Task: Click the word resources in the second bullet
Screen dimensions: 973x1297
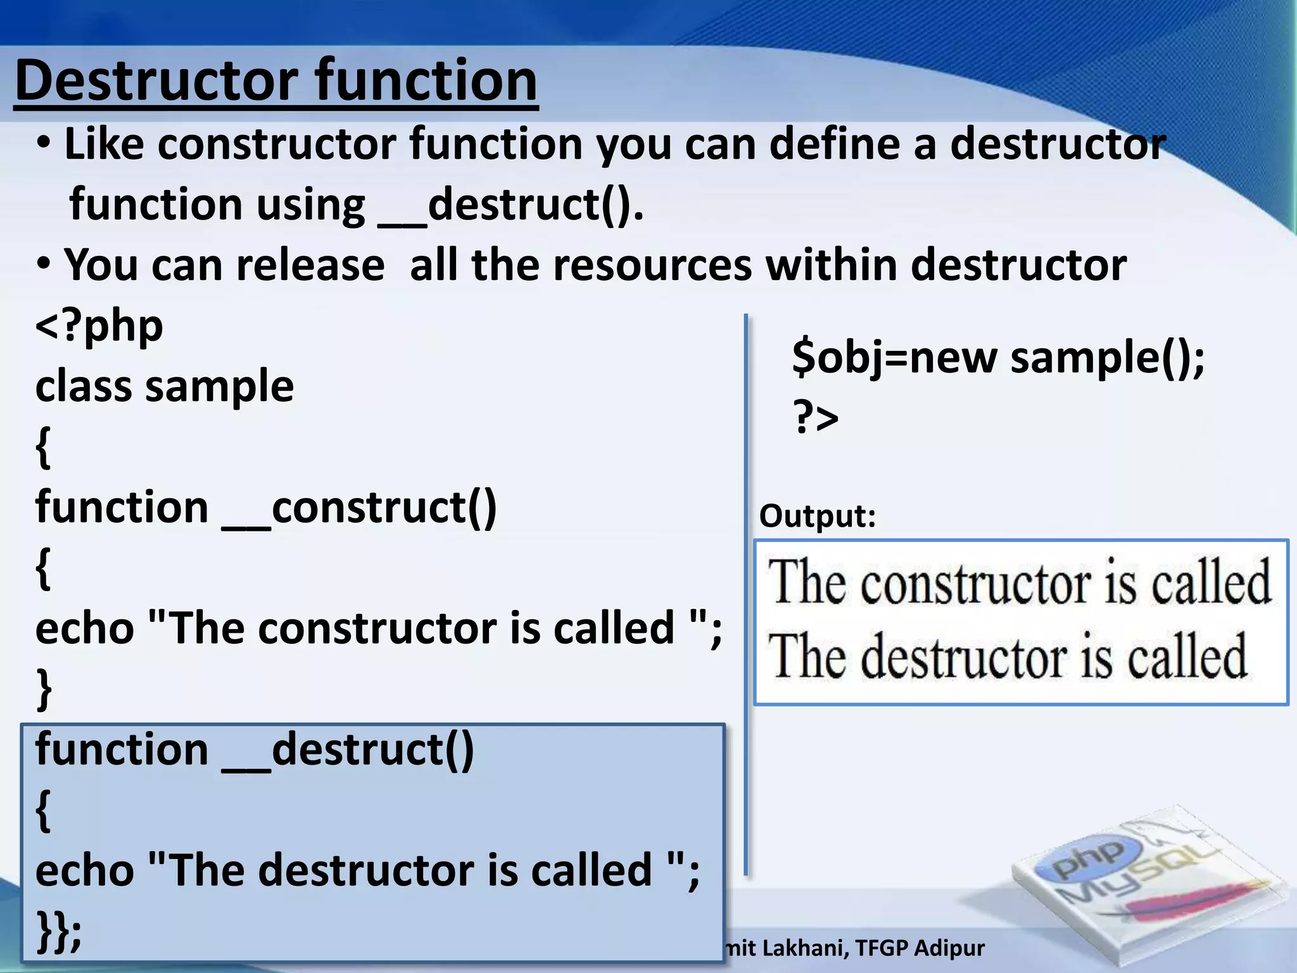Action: [x=652, y=265]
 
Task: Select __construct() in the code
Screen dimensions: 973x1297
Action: [x=359, y=508]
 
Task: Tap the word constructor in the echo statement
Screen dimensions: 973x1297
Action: [x=377, y=629]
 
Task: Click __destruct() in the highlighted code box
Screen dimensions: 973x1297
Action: [x=348, y=750]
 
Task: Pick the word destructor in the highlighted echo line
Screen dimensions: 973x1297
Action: [x=365, y=870]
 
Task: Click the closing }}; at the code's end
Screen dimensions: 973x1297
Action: [x=59, y=930]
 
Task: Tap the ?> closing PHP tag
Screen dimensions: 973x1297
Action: [x=816, y=417]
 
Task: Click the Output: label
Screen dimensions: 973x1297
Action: [x=818, y=516]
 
